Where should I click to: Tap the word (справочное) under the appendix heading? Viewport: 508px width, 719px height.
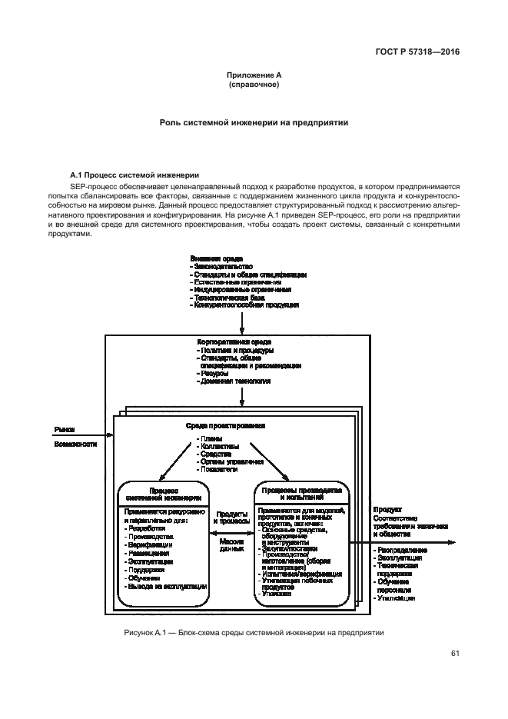254,85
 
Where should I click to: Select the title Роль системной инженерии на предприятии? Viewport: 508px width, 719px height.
254,121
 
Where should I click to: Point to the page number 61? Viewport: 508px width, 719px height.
455,654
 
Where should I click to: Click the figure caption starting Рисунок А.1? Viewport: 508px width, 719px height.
253,632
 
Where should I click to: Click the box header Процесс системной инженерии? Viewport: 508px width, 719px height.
164,494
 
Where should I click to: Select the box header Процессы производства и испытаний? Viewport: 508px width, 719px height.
301,494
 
